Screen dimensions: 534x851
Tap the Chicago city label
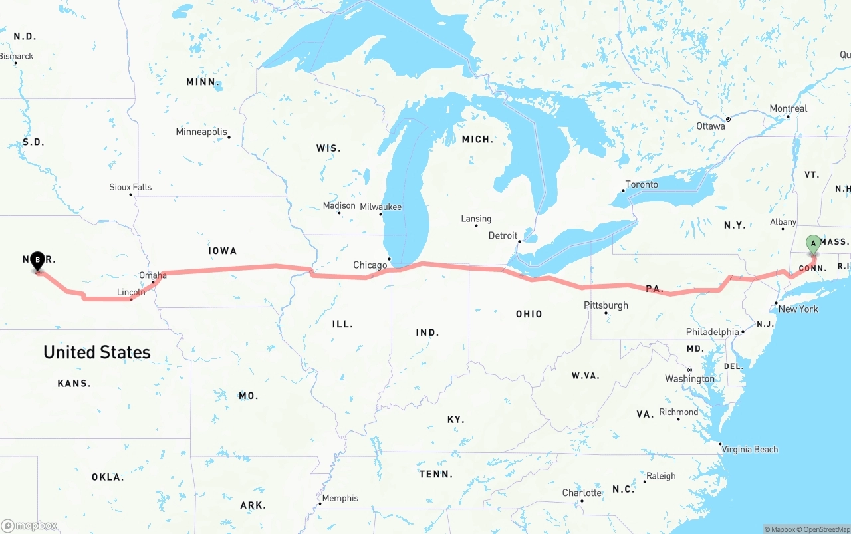coord(370,265)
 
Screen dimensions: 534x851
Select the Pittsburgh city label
coord(606,305)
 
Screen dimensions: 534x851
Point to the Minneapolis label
coord(201,132)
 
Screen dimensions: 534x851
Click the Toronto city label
coord(642,184)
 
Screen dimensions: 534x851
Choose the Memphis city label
coord(340,498)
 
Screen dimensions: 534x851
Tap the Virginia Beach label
coord(750,449)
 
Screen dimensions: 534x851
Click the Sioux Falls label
coord(130,187)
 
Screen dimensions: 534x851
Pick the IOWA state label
coord(222,251)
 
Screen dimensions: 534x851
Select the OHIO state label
coord(529,314)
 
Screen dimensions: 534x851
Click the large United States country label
coord(97,352)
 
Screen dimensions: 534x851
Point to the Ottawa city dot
coord(728,120)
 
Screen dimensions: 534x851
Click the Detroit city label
coord(503,235)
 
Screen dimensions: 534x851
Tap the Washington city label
coord(690,378)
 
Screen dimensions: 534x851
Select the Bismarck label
coord(17,56)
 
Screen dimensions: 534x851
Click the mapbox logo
coord(29,525)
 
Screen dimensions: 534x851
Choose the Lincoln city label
coord(131,292)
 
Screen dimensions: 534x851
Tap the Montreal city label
coord(789,108)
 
